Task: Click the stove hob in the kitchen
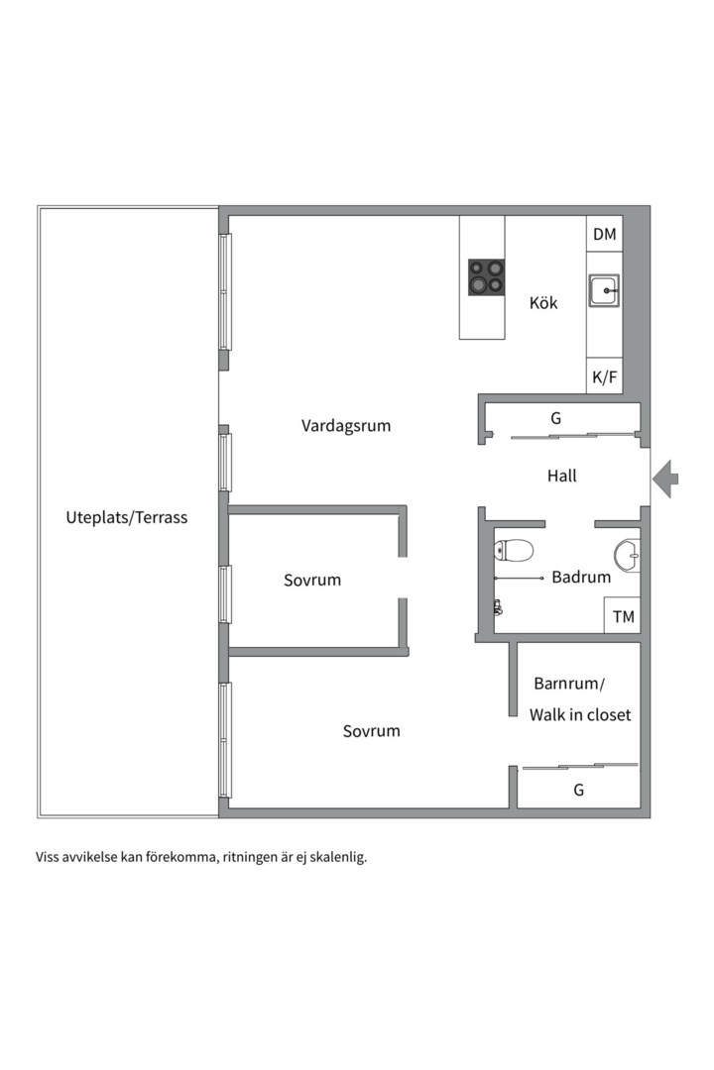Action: (x=486, y=277)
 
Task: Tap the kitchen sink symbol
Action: (x=604, y=291)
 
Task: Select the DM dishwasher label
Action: (x=604, y=235)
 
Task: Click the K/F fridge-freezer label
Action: (x=604, y=376)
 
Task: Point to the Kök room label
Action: (x=543, y=303)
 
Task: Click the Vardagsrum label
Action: (x=346, y=426)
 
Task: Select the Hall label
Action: (x=561, y=477)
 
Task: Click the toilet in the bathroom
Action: (x=514, y=551)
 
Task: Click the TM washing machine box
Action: (x=623, y=617)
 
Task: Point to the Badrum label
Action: (x=581, y=578)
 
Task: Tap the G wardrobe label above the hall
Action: (x=556, y=419)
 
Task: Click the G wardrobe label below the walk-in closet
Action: (x=578, y=791)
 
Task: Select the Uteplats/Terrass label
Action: (x=126, y=517)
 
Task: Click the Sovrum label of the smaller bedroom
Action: (x=312, y=581)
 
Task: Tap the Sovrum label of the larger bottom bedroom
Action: (x=372, y=731)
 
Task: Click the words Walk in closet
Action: (x=580, y=714)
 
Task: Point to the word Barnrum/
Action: (x=568, y=684)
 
